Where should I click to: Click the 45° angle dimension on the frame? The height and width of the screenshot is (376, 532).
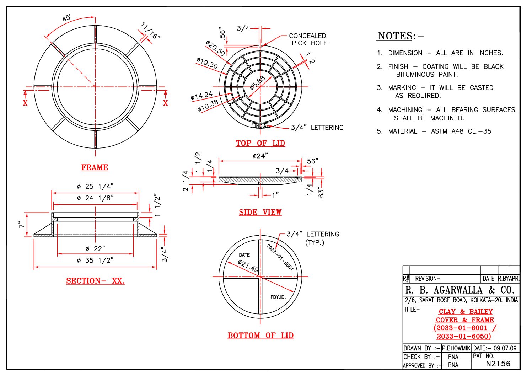coord(66,18)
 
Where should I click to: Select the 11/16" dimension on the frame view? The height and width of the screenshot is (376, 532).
coord(151,31)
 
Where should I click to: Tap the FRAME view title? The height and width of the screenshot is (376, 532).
coord(95,167)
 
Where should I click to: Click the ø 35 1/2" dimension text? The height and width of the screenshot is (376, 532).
coord(95,260)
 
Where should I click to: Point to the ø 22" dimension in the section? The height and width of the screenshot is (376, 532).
coord(95,249)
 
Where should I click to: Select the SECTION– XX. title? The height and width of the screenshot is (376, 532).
coord(95,281)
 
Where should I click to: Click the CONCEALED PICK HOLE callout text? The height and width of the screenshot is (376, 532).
coord(308,39)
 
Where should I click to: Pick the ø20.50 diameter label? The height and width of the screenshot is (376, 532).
coord(215,48)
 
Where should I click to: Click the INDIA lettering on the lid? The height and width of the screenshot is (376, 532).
coord(260,126)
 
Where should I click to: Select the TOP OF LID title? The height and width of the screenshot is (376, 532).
coord(260,143)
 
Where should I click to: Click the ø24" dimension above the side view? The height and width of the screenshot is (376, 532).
coord(260,156)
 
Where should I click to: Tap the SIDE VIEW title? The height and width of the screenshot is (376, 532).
coord(260,213)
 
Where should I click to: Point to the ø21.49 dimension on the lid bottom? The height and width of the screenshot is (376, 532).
coord(248,266)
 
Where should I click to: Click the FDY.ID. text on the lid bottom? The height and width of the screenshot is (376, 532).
coord(278,297)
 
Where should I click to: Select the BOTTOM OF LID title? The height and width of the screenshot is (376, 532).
coord(260,335)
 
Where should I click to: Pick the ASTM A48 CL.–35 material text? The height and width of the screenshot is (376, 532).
coord(461,131)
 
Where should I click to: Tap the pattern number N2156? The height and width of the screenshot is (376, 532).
coord(498,364)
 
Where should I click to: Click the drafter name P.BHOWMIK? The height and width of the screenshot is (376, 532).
coord(456,348)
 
